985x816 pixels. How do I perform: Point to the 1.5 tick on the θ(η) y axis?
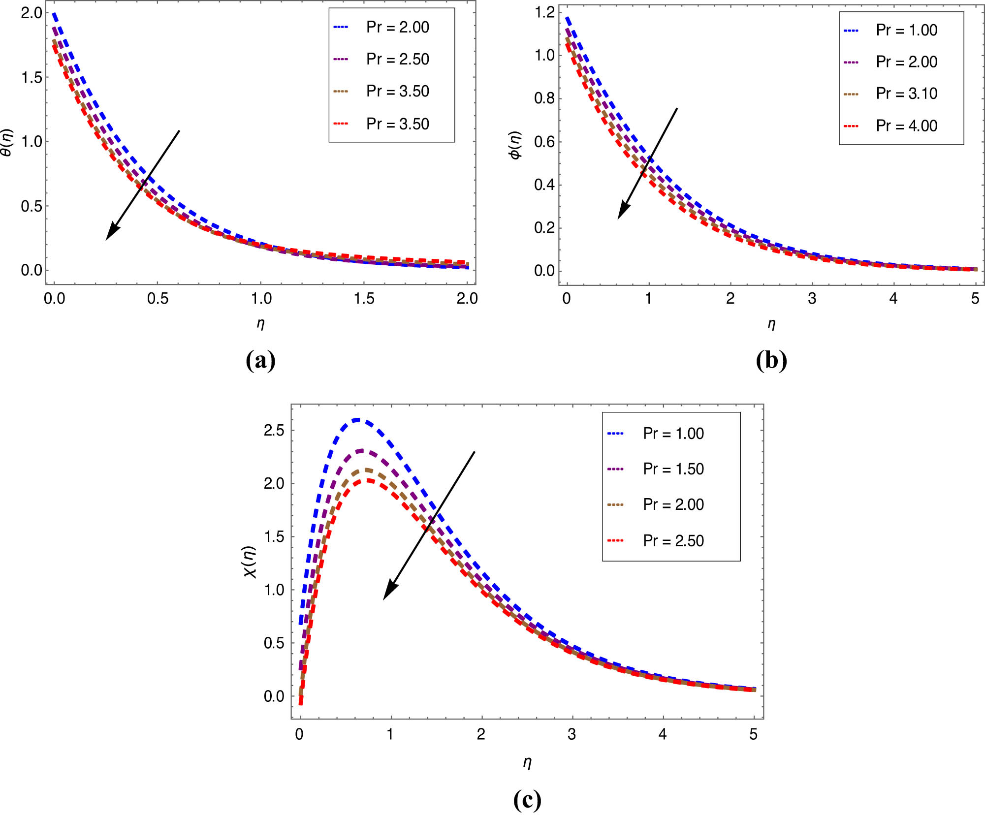click(32, 77)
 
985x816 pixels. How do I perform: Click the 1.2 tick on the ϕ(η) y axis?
click(544, 12)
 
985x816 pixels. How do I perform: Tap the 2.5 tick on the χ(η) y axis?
click(274, 431)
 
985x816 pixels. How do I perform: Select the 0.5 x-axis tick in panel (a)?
click(158, 298)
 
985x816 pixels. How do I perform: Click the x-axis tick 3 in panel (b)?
click(812, 298)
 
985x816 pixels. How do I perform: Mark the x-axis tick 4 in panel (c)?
click(663, 734)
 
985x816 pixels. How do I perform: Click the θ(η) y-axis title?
click(7, 143)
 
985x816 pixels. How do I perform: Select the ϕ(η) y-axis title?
click(515, 145)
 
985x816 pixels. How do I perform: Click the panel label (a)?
click(260, 360)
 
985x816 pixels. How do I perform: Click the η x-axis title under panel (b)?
click(771, 324)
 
